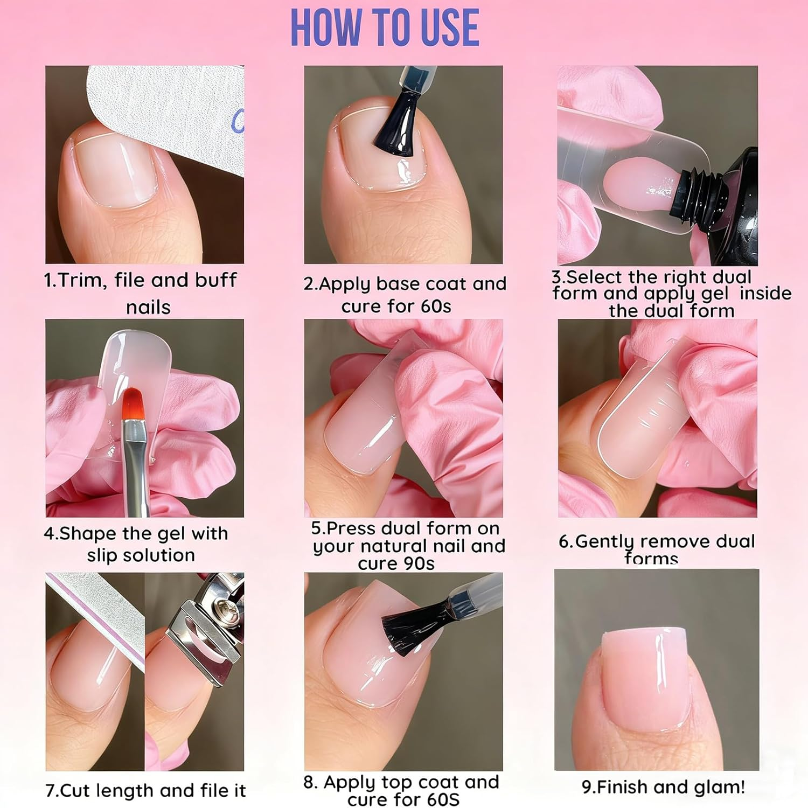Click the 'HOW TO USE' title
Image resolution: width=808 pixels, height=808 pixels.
385,28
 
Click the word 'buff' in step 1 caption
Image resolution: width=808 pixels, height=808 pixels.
215,280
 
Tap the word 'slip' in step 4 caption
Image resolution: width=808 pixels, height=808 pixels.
102,555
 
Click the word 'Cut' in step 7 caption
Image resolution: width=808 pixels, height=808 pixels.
74,790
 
